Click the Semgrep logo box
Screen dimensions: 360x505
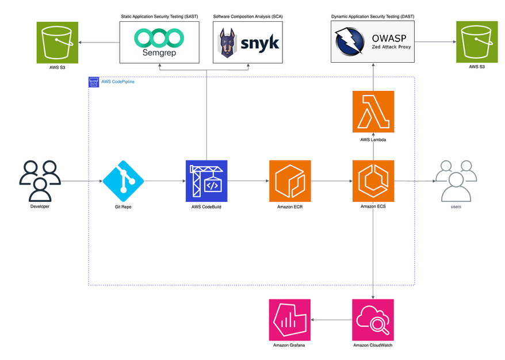click(x=159, y=43)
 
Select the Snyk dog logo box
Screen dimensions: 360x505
click(x=248, y=43)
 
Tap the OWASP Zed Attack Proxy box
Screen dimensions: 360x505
click(x=373, y=43)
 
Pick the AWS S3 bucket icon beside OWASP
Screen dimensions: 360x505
click(x=476, y=42)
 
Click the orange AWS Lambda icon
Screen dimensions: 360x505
click(x=373, y=112)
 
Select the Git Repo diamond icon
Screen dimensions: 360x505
click(x=123, y=181)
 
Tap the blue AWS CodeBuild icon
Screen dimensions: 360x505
click(x=206, y=181)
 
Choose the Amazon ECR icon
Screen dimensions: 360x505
click(x=290, y=181)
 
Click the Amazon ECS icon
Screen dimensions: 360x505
click(x=373, y=181)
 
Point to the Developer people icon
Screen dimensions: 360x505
click(x=40, y=181)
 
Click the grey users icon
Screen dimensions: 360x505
click(x=456, y=181)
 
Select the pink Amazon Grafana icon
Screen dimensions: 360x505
click(x=289, y=319)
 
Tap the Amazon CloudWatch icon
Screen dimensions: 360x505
click(x=373, y=319)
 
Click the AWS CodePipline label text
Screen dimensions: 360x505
click(x=118, y=82)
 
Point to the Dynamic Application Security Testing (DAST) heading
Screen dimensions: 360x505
click(x=372, y=17)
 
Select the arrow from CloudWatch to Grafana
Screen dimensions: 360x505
click(x=331, y=319)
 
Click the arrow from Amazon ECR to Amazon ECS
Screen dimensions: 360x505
click(x=331, y=181)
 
